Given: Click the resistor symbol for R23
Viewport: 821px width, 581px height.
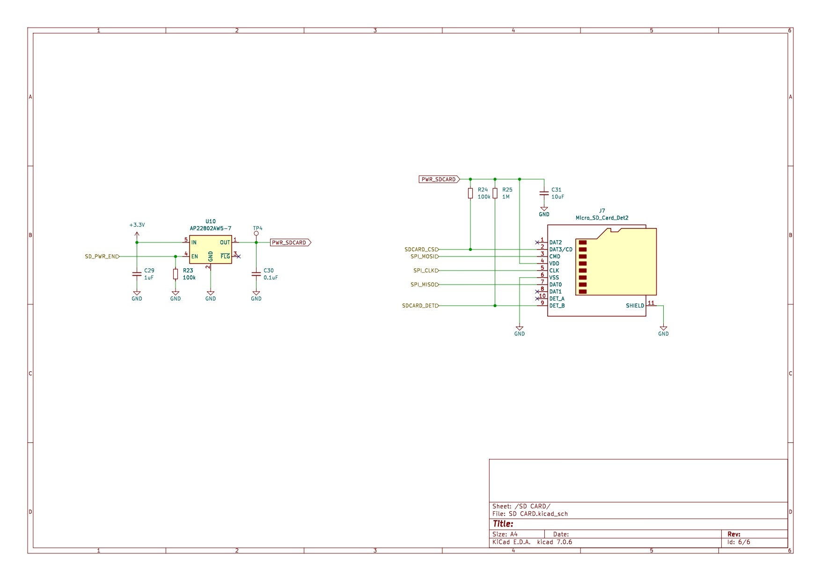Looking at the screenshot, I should pos(176,274).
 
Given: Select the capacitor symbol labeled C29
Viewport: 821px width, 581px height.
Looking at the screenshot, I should pos(137,274).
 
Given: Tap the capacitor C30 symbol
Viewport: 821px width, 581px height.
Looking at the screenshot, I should pos(256,274).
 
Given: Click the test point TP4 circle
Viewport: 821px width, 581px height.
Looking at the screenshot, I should pos(256,233).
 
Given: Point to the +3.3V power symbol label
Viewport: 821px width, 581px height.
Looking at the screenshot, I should pos(137,225).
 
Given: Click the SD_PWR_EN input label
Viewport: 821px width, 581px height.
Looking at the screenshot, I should pos(102,257).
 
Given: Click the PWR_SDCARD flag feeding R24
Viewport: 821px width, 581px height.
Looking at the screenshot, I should pos(439,179).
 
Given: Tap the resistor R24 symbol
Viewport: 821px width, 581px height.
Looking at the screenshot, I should pos(470,193).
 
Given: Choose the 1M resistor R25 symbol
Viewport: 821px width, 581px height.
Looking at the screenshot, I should pos(495,193).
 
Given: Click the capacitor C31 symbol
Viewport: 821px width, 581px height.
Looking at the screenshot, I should pos(544,193).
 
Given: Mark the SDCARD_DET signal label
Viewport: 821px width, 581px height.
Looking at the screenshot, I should pos(420,306).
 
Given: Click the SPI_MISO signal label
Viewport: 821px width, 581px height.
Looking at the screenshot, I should pos(424,285).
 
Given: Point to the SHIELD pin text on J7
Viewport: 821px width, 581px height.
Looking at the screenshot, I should pos(635,306).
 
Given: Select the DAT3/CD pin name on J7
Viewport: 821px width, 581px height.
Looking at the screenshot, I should pos(561,250).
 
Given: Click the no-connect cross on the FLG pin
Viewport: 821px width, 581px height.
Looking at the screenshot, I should pos(239,257).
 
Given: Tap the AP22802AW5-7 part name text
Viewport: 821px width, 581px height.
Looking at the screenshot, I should pos(210,228).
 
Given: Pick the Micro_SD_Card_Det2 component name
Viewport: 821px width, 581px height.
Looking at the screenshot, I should pos(602,218).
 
